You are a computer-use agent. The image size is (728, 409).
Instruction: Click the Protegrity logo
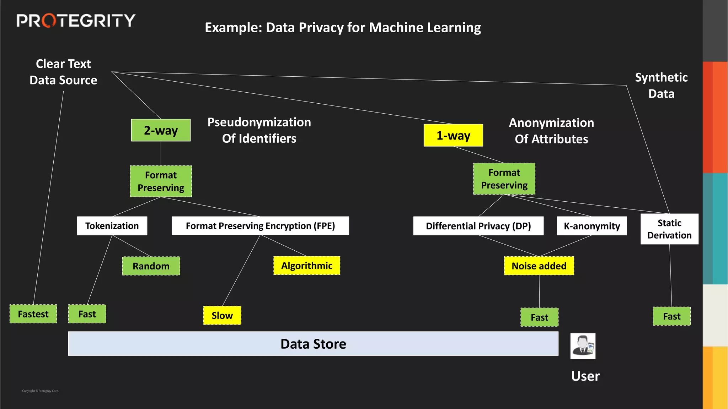[76, 21]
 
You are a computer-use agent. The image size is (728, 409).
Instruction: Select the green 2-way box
[161, 130]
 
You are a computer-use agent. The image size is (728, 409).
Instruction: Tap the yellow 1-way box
[453, 135]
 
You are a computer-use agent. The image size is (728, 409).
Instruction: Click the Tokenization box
[112, 226]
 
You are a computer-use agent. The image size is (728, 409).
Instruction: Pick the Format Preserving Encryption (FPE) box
[260, 226]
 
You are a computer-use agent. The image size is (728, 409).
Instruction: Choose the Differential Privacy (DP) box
[478, 226]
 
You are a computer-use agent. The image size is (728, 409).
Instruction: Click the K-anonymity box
[591, 226]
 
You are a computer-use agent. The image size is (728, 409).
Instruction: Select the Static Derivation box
[669, 229]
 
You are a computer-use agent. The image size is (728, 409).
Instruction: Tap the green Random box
[151, 266]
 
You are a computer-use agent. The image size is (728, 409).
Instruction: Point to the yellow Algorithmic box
[307, 266]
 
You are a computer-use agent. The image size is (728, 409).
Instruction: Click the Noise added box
[539, 266]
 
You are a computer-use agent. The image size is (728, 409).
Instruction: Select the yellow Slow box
[222, 315]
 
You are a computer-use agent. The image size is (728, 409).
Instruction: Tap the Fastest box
[33, 314]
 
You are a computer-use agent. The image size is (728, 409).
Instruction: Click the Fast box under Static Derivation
[671, 316]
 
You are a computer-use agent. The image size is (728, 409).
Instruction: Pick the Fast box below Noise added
[539, 317]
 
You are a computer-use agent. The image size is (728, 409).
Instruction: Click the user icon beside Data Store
[583, 346]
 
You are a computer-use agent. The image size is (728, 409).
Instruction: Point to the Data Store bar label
[313, 344]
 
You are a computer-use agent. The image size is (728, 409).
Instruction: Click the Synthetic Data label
[661, 86]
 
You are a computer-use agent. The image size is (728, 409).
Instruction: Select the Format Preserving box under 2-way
[161, 181]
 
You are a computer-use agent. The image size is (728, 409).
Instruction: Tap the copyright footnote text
[41, 391]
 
